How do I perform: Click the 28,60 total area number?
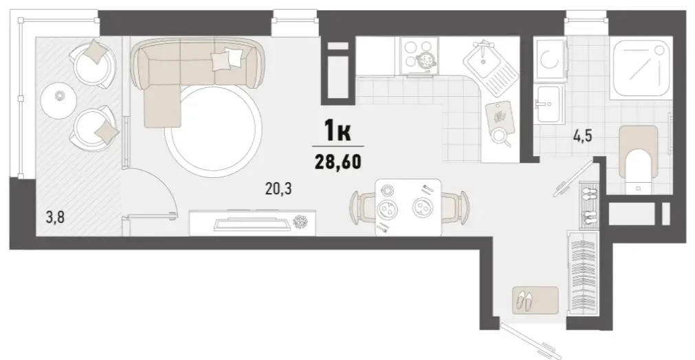pyautogui.click(x=338, y=161)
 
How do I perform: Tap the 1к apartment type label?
pyautogui.click(x=338, y=131)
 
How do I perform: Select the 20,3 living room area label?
pyautogui.click(x=278, y=190)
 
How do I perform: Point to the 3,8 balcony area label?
pyautogui.click(x=55, y=218)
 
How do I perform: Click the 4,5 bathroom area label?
pyautogui.click(x=583, y=135)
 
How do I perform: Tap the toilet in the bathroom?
pyautogui.click(x=638, y=159)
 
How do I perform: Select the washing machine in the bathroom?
pyautogui.click(x=551, y=59)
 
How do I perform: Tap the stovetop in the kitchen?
pyautogui.click(x=419, y=56)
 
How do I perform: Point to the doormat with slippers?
pyautogui.click(x=536, y=300)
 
